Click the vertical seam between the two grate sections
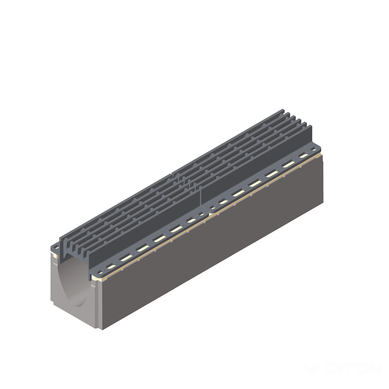[200, 197]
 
